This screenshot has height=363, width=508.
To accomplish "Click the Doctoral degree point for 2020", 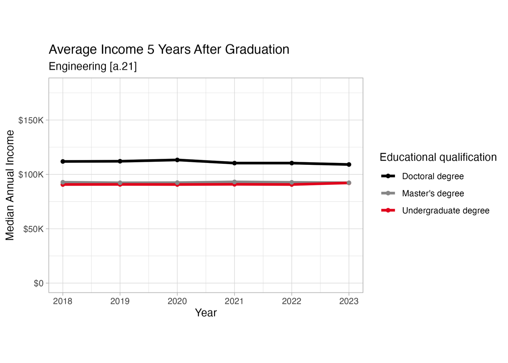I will pyautogui.click(x=177, y=160).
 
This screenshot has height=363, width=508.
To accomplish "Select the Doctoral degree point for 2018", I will pyautogui.click(x=63, y=161).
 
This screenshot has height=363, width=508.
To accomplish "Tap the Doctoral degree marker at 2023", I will pyautogui.click(x=349, y=164).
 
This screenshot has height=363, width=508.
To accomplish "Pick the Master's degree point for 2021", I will pyautogui.click(x=234, y=182).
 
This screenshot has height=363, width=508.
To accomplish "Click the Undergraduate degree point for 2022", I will pyautogui.click(x=292, y=185).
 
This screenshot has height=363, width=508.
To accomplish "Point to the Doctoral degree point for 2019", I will pyautogui.click(x=120, y=161).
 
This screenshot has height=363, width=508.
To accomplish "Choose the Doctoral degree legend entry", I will pyautogui.click(x=433, y=176).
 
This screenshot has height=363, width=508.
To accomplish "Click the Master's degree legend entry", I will pyautogui.click(x=433, y=194).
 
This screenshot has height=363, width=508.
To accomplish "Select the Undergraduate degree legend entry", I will pyautogui.click(x=445, y=211).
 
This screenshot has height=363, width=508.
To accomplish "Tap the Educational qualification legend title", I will pyautogui.click(x=438, y=157).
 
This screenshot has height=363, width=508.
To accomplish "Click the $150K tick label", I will pyautogui.click(x=31, y=120).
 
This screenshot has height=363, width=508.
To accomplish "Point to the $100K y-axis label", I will pyautogui.click(x=31, y=175).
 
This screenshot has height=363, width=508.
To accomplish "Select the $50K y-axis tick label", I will pyautogui.click(x=33, y=229).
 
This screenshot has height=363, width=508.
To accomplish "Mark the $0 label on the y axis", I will pyautogui.click(x=39, y=283).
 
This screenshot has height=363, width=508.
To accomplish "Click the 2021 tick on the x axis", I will pyautogui.click(x=234, y=301).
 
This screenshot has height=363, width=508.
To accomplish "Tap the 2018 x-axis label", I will pyautogui.click(x=63, y=301).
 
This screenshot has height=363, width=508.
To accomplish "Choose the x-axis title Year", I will pyautogui.click(x=206, y=313).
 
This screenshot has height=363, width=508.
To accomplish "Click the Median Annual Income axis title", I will pyautogui.click(x=10, y=185).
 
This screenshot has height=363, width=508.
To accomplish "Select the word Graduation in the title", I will pyautogui.click(x=257, y=50).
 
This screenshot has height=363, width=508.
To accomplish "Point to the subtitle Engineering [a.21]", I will pyautogui.click(x=93, y=67).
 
